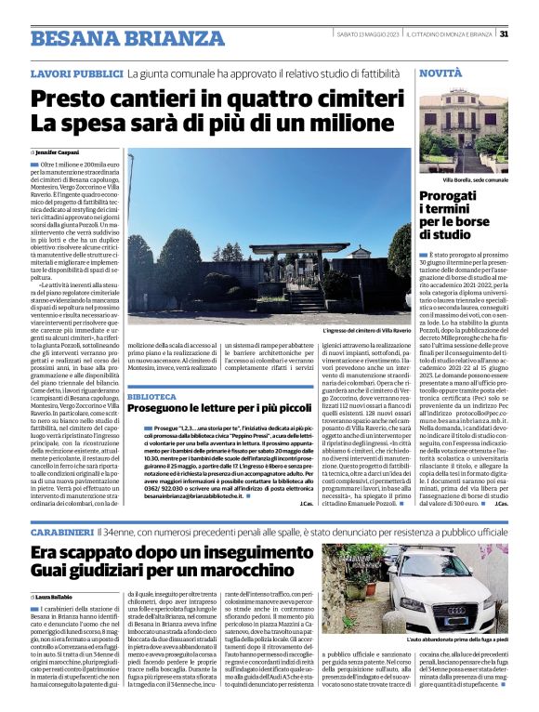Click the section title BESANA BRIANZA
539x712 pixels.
click(x=114, y=38)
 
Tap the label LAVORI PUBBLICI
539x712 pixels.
click(x=76, y=73)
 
